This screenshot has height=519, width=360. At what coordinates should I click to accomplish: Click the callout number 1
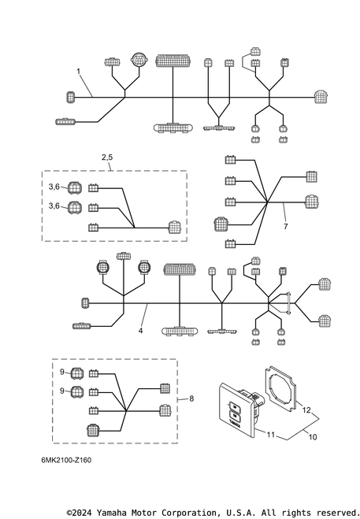79,71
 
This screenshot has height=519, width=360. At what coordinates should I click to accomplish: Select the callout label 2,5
107,158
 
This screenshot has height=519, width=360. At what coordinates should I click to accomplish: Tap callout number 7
285,226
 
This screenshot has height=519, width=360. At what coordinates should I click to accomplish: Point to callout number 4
140,331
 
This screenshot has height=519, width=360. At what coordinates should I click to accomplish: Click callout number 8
191,399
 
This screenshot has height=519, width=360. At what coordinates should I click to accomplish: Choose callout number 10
313,437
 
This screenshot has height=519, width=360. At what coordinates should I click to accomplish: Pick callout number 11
271,435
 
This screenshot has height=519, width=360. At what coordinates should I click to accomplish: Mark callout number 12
306,410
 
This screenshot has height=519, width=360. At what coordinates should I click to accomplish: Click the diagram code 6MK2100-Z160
66,460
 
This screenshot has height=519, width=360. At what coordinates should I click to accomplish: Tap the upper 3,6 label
54,187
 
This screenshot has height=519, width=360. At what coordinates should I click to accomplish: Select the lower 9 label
62,391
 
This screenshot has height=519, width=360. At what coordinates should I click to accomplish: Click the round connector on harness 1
138,60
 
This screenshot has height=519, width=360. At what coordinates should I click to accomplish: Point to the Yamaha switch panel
237,410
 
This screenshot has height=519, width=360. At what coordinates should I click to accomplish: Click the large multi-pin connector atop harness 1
173,61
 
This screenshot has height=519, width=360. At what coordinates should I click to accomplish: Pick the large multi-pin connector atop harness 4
180,269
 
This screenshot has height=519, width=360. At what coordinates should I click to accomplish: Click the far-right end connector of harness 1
321,97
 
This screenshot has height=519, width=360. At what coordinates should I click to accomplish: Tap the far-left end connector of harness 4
85,303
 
